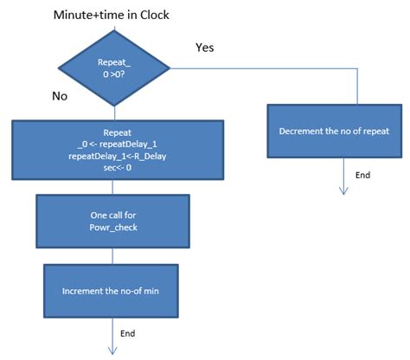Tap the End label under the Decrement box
(x=363, y=175)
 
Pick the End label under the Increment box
(x=127, y=332)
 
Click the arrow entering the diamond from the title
(x=113, y=29)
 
